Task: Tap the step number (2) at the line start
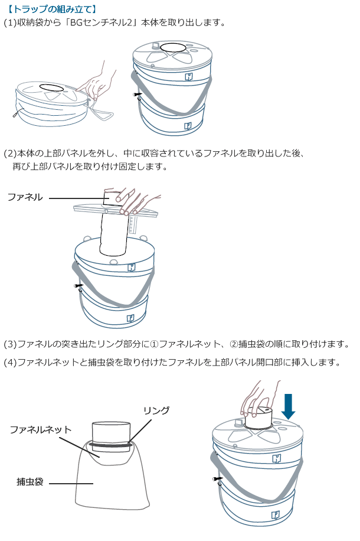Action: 10,154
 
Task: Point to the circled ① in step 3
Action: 155,344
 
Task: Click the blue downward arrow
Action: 288,406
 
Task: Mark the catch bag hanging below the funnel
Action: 109,484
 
